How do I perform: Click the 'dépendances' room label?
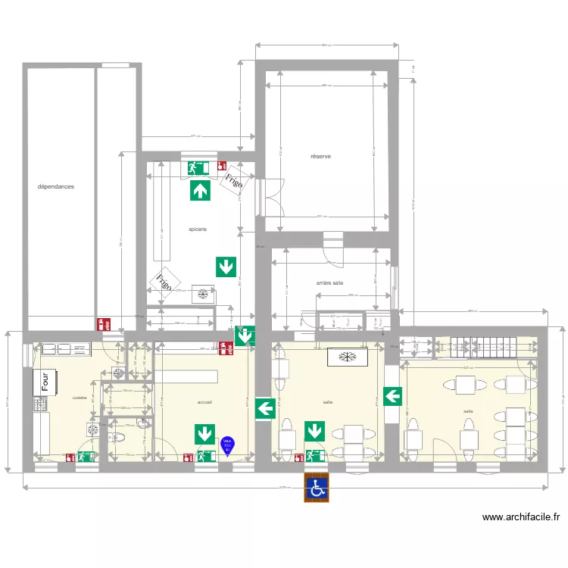click(x=56, y=186)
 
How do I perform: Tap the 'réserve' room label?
click(x=320, y=157)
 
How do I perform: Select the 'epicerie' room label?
click(x=198, y=228)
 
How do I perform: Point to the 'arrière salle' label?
click(x=329, y=282)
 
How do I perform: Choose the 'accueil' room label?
click(x=204, y=402)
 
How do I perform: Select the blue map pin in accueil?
click(x=227, y=446)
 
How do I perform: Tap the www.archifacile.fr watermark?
click(x=521, y=517)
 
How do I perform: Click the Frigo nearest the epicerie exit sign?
click(x=233, y=182)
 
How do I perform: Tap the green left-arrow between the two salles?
click(x=392, y=395)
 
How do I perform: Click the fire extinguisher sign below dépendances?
click(x=104, y=323)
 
